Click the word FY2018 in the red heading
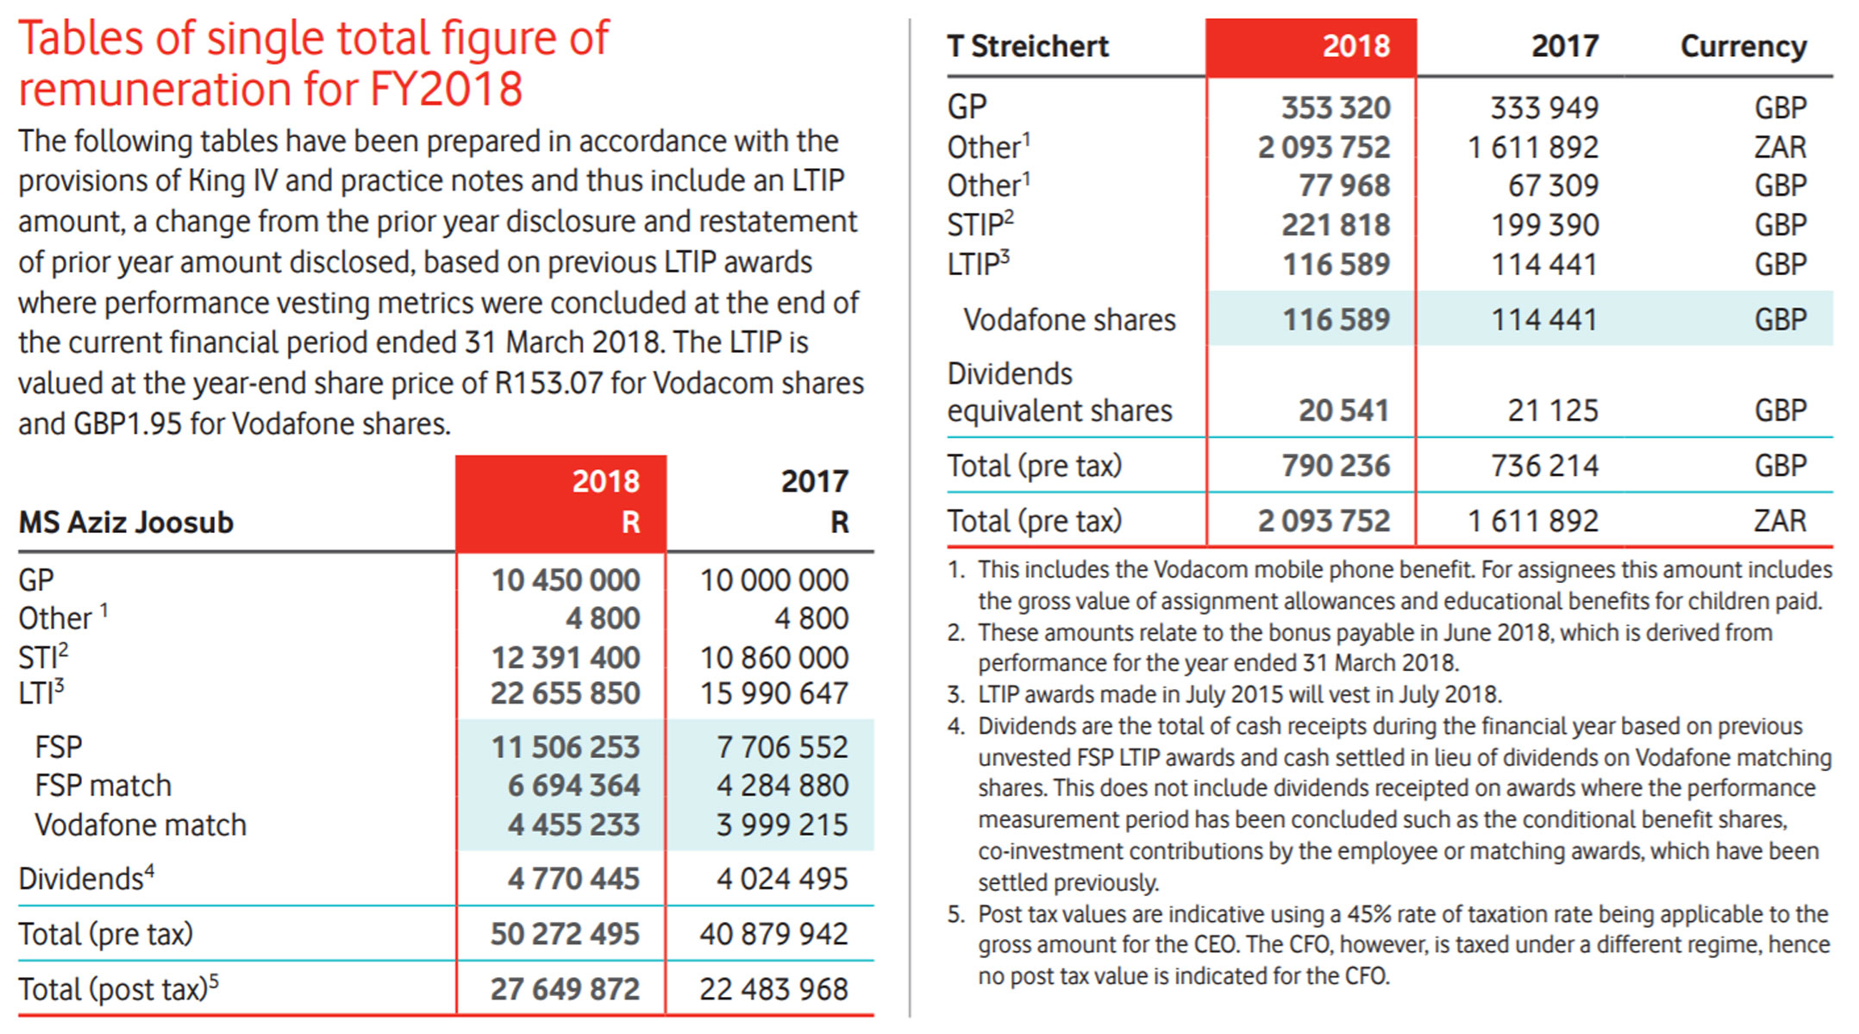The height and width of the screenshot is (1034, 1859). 446,89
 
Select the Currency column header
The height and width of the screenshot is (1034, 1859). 1743,46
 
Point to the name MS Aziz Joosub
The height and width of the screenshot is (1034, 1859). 126,523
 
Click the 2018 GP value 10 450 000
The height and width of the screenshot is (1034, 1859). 565,580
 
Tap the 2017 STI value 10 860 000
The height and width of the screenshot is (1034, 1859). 773,658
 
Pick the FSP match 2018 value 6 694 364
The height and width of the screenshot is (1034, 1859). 573,786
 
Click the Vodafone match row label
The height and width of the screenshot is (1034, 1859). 141,825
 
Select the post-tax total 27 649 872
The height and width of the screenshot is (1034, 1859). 565,989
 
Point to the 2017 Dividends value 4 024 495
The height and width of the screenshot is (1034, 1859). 782,879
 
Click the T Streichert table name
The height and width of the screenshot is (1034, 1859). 1028,46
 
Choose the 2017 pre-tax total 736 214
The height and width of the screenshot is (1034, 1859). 1544,466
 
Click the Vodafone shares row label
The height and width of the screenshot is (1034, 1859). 1069,320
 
